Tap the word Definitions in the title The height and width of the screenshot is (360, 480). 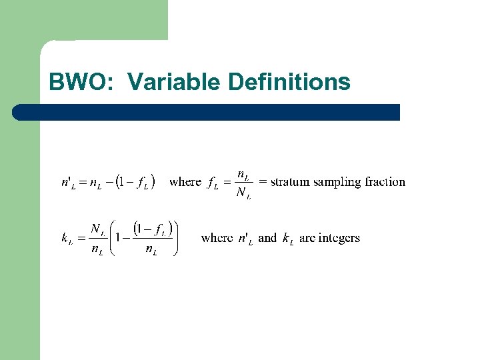[289, 82]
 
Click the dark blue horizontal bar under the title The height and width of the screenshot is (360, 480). [207, 112]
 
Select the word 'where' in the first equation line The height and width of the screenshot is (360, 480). [185, 181]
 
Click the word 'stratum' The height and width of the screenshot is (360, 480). [291, 181]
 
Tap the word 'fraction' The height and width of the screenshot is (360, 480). [384, 181]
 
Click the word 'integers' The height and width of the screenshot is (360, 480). [339, 238]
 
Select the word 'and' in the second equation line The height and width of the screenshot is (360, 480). [267, 237]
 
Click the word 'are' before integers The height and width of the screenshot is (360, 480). [307, 237]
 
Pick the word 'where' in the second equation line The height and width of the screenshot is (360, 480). [217, 237]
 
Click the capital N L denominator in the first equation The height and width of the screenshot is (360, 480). [244, 194]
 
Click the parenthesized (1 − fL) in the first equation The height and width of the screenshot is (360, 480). [135, 181]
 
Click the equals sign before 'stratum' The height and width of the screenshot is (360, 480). [263, 181]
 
